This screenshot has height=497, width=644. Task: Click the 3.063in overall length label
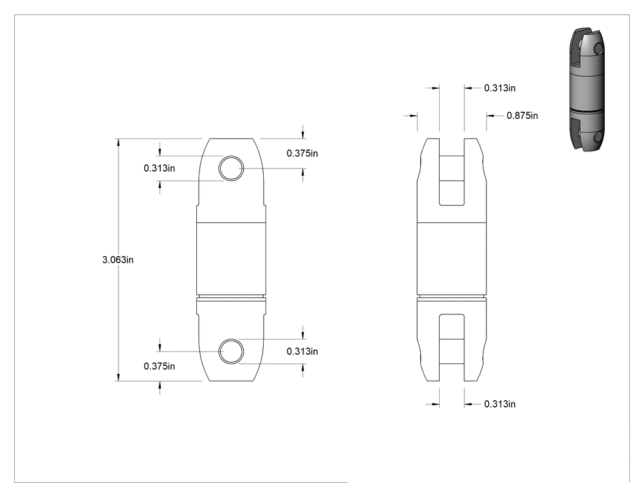point(118,260)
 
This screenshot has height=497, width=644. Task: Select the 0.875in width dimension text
point(522,116)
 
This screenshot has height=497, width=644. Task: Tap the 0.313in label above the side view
point(500,88)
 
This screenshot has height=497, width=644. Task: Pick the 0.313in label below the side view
point(500,404)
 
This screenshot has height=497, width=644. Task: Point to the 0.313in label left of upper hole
point(159,169)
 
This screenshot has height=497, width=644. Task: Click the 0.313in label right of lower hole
point(302,352)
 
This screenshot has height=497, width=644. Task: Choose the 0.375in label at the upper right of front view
point(302,153)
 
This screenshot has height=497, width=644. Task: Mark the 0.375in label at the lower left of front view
point(159,366)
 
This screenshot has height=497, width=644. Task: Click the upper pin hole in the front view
point(231,169)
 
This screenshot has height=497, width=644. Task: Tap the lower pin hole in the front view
point(231,351)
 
